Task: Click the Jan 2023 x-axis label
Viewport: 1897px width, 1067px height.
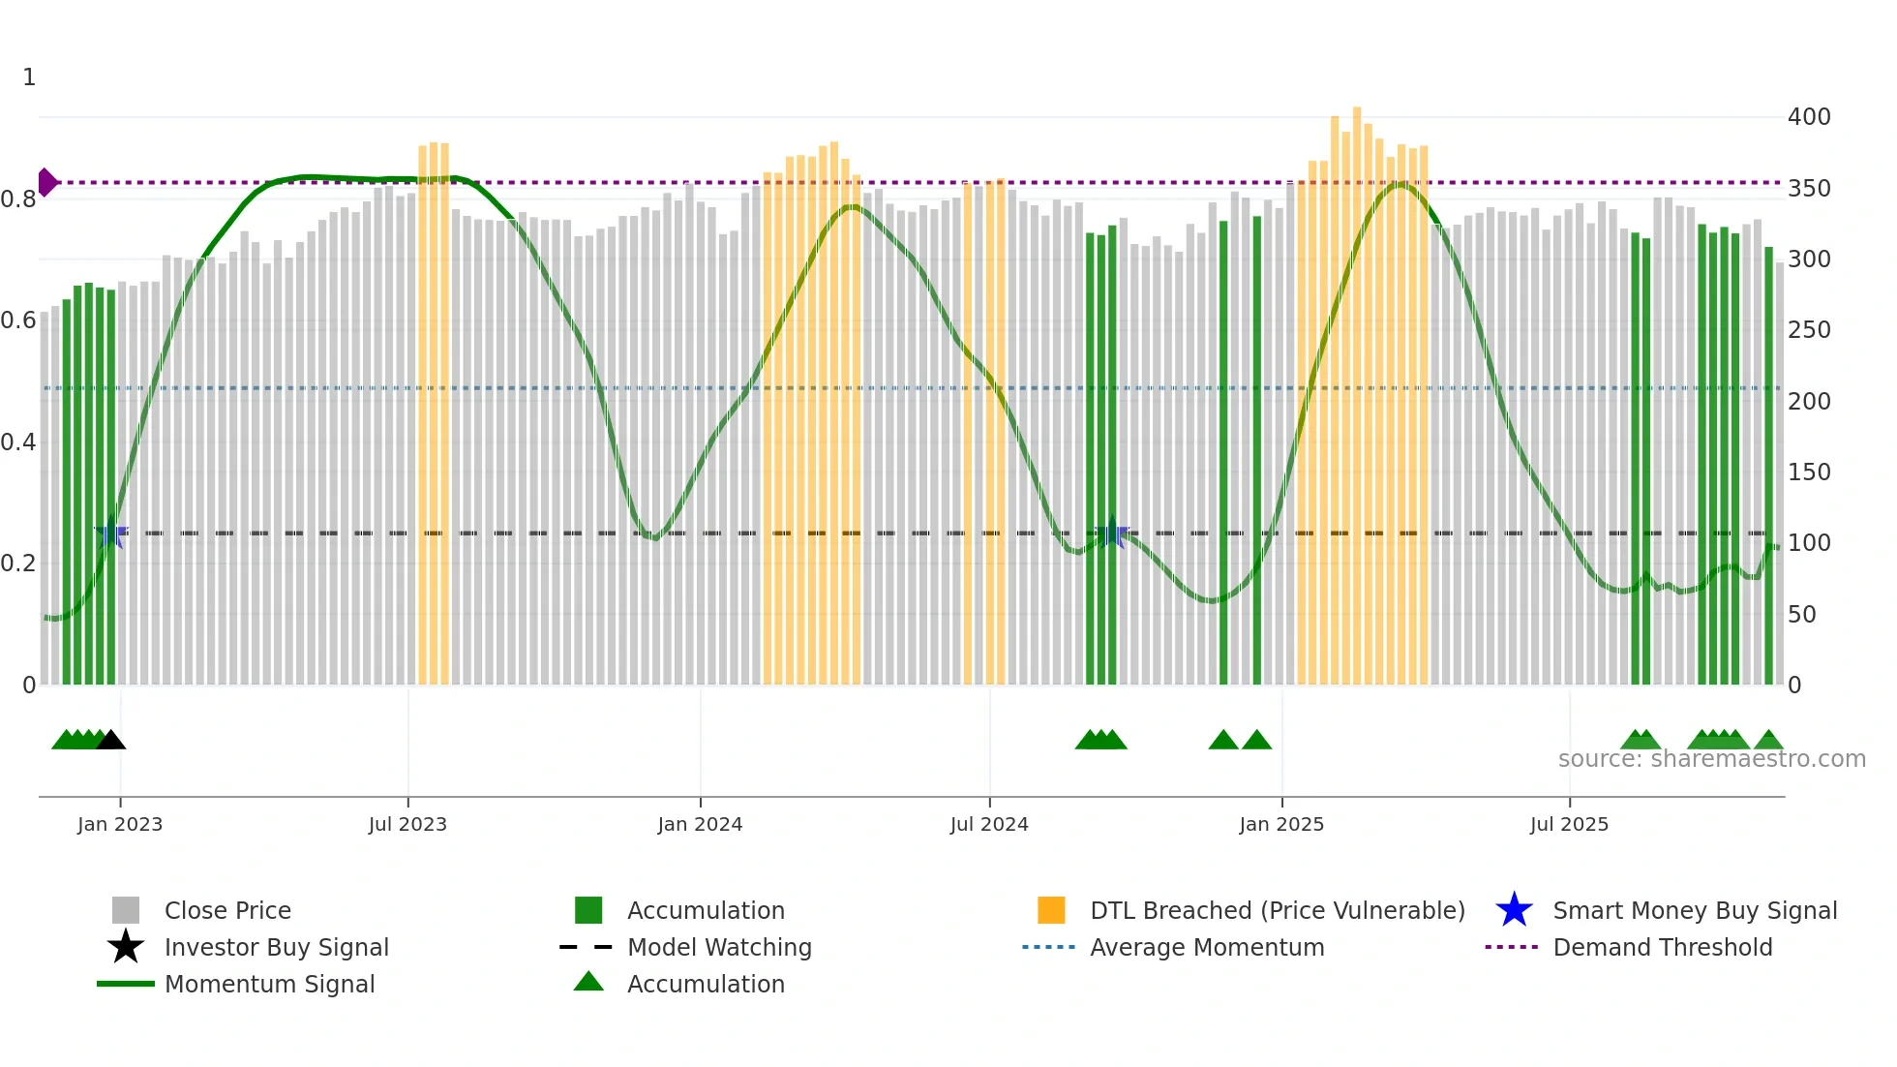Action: [120, 824]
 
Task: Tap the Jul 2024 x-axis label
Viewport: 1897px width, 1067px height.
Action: [989, 824]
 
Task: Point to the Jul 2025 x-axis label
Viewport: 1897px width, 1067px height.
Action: [1569, 824]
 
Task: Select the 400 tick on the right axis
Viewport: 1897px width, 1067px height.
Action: [1809, 117]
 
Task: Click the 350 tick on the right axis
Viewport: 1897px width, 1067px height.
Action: [1809, 188]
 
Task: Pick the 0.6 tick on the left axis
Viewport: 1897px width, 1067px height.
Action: [19, 320]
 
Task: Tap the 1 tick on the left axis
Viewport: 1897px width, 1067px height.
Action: [29, 77]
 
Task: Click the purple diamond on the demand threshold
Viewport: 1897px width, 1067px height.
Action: [46, 182]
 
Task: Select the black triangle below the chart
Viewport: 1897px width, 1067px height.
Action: [111, 740]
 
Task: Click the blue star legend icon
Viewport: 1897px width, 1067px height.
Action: [1514, 910]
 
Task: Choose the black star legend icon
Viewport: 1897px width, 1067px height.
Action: [126, 947]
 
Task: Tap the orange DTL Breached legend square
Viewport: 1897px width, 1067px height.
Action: [1051, 910]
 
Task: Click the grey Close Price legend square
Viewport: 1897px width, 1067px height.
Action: [126, 910]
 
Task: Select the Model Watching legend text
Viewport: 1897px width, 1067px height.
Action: [719, 947]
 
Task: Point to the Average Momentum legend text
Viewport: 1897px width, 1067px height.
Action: [1207, 947]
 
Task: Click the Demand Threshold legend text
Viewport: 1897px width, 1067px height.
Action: [1662, 947]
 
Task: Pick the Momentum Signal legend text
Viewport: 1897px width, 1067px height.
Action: [269, 984]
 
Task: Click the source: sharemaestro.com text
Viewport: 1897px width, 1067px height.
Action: [1711, 759]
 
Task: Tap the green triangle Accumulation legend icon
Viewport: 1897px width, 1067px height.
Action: [588, 982]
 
